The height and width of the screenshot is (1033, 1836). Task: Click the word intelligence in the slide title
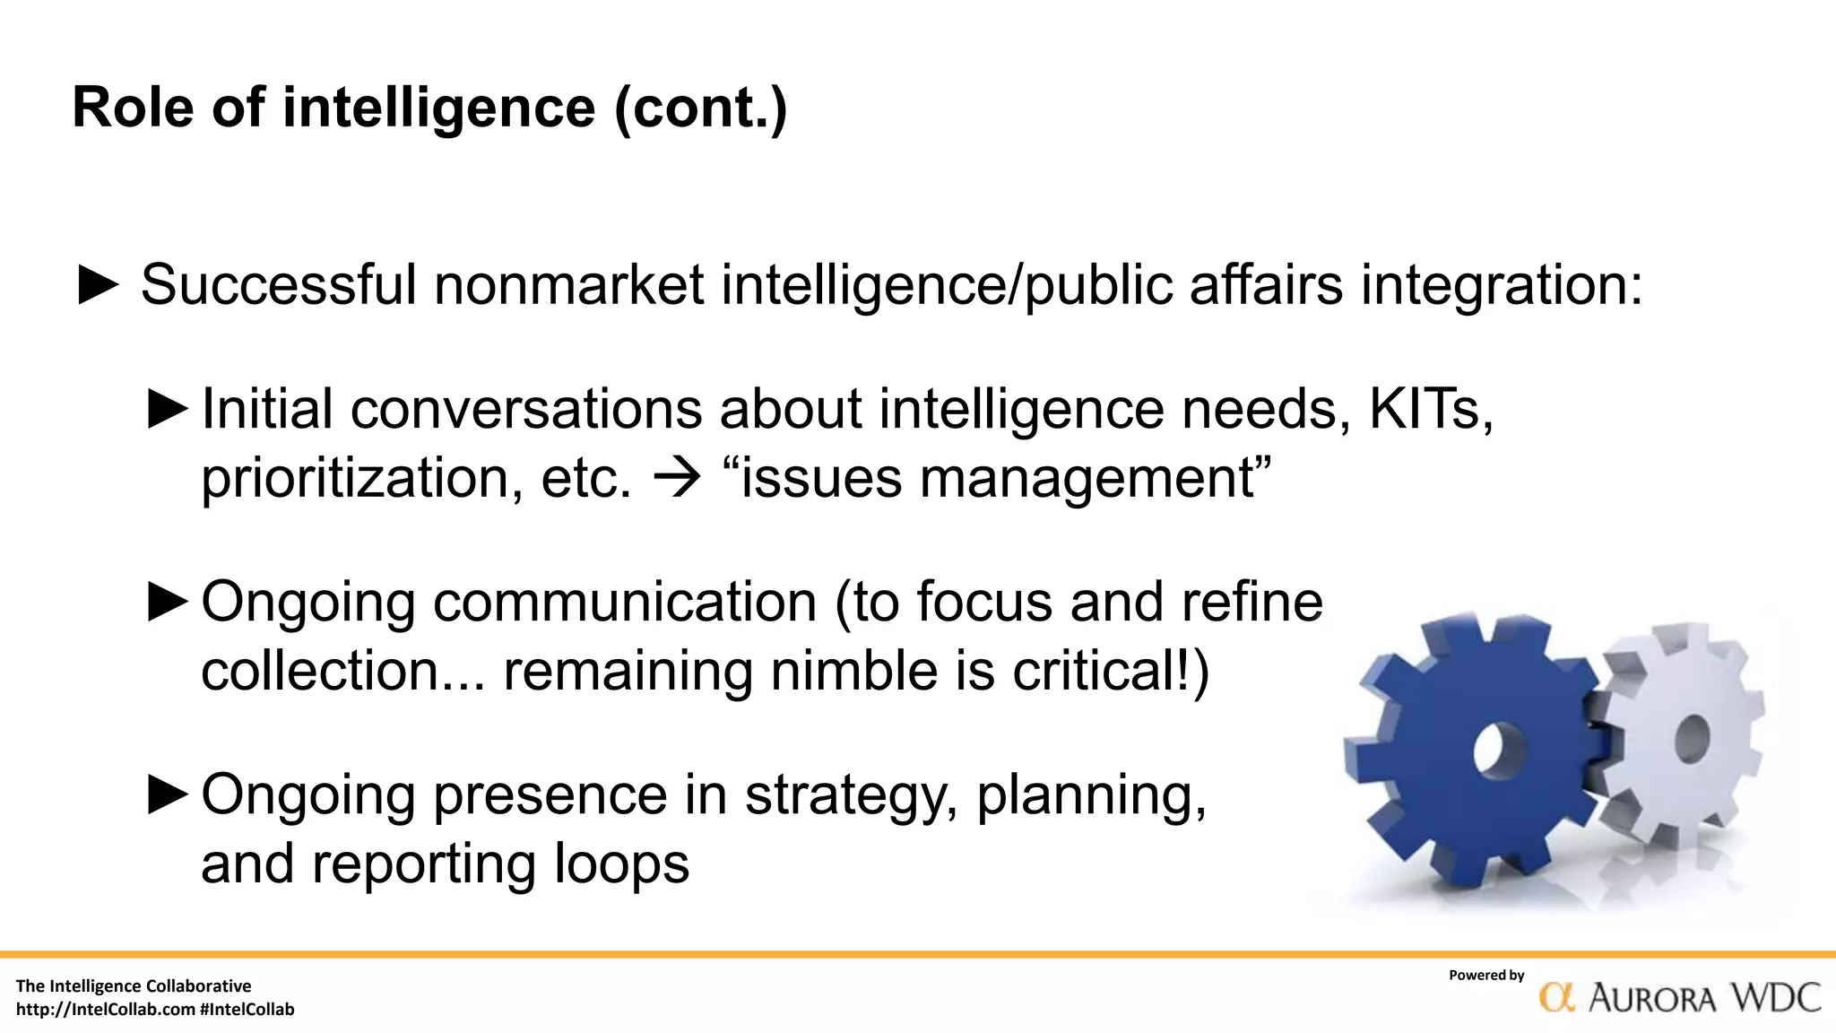438,108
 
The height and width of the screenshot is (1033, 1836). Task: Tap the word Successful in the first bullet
279,285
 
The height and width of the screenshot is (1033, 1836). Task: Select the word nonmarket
568,285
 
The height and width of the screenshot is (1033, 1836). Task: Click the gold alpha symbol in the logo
1557,997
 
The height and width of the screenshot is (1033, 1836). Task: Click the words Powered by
1485,975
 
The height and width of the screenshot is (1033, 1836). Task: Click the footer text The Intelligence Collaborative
134,986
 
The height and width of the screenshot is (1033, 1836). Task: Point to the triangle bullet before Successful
99,285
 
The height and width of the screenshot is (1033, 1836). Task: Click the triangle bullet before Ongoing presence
168,795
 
